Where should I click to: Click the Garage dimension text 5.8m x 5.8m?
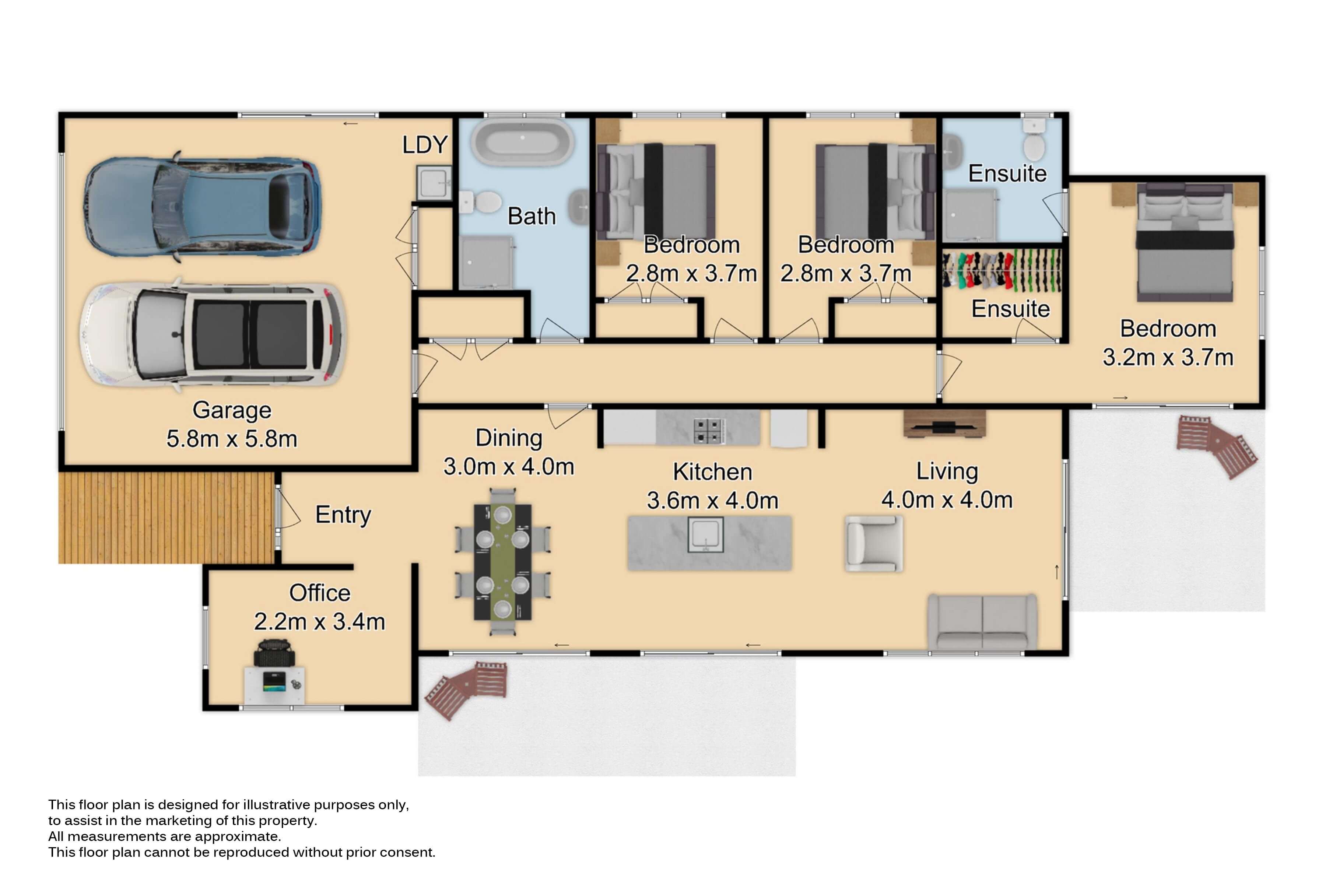tap(232, 439)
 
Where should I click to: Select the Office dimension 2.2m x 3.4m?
tap(320, 622)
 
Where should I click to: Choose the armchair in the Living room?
tap(873, 544)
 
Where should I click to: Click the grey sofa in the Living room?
tap(982, 622)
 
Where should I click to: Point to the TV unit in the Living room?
tap(944, 424)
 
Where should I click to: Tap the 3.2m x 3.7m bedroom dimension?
tap(1168, 357)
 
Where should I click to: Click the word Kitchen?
tap(713, 472)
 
